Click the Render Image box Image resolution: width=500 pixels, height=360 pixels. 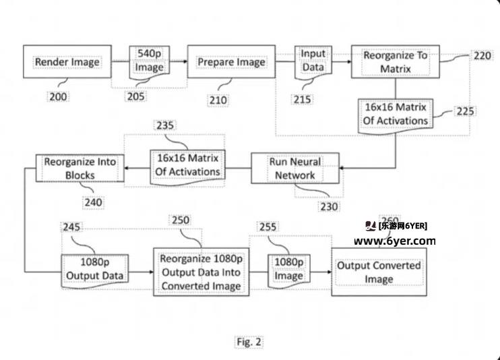click(x=66, y=62)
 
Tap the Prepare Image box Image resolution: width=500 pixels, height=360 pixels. click(x=230, y=62)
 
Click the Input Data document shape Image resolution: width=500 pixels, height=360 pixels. click(x=312, y=61)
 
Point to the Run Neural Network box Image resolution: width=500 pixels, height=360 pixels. click(x=294, y=169)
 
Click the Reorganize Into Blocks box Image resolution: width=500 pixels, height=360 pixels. click(x=80, y=169)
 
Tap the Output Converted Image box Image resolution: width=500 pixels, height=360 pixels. click(x=379, y=272)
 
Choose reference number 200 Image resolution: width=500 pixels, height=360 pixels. click(x=58, y=96)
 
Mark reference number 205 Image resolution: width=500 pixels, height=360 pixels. click(x=135, y=96)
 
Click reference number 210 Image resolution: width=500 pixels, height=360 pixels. click(x=218, y=100)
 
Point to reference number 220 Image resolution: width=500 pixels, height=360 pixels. click(x=482, y=55)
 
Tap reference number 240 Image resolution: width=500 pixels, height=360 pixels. click(x=93, y=201)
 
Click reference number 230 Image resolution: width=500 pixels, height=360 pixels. click(x=329, y=206)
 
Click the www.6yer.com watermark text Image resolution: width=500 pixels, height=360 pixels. click(x=395, y=241)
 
